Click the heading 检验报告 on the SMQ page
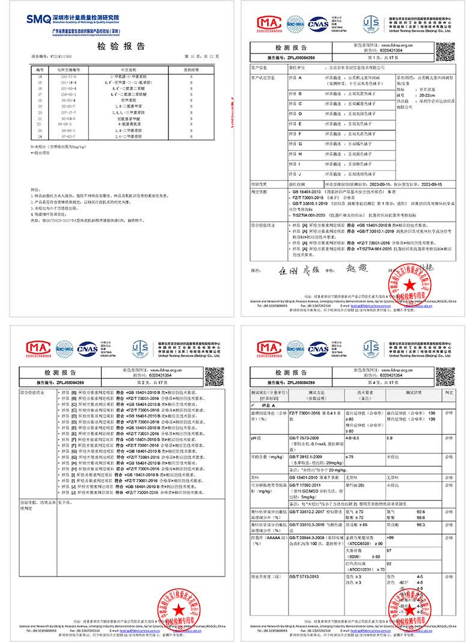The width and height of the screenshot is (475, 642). (120, 47)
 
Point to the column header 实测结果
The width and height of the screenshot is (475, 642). (191, 70)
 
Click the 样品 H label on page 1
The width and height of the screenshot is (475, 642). (296, 154)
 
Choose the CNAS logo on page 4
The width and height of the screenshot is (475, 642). (318, 348)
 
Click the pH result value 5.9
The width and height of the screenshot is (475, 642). (390, 439)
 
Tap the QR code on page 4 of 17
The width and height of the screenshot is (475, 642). (445, 376)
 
